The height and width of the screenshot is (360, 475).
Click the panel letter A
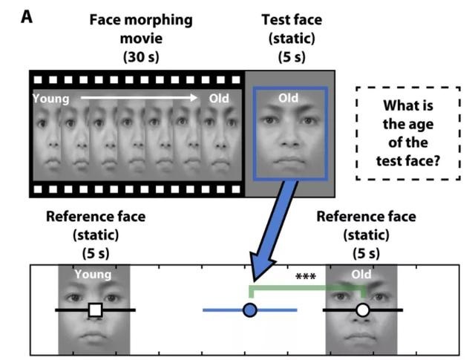pyautogui.click(x=26, y=16)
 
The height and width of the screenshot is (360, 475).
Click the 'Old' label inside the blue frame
pyautogui.click(x=289, y=97)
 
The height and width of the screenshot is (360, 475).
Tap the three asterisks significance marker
pyautogui.click(x=306, y=278)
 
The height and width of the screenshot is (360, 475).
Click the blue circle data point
pyautogui.click(x=250, y=310)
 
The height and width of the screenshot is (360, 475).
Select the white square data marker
pyautogui.click(x=94, y=310)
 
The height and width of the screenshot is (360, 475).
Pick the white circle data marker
pyautogui.click(x=362, y=310)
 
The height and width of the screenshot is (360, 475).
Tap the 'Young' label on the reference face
pyautogui.click(x=94, y=275)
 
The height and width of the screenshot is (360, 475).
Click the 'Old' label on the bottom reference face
pyautogui.click(x=362, y=275)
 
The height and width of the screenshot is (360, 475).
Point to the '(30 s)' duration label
pyautogui.click(x=141, y=54)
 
